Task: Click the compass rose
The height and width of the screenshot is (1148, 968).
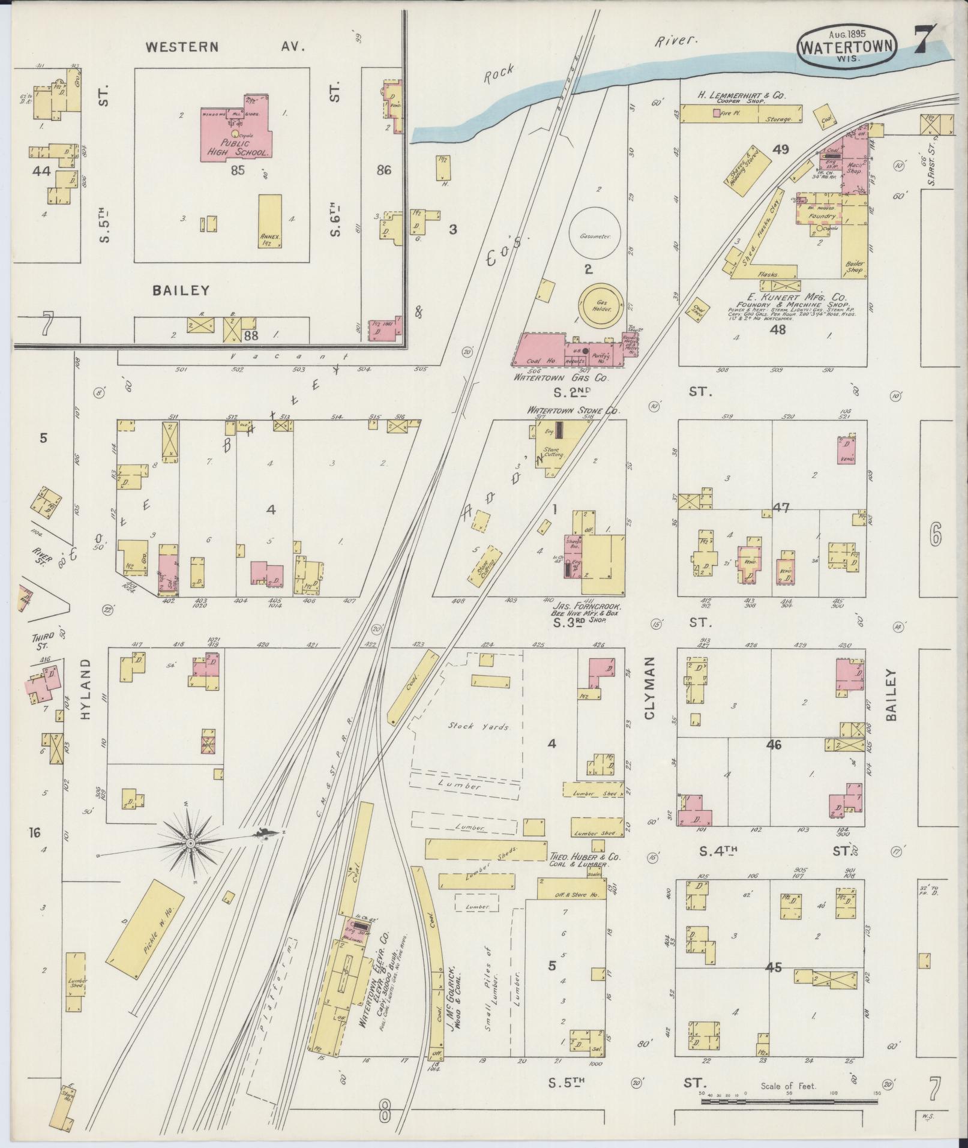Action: tap(190, 843)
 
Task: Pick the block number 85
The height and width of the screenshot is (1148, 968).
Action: tap(238, 170)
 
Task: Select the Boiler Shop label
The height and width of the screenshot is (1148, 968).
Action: tap(855, 267)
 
